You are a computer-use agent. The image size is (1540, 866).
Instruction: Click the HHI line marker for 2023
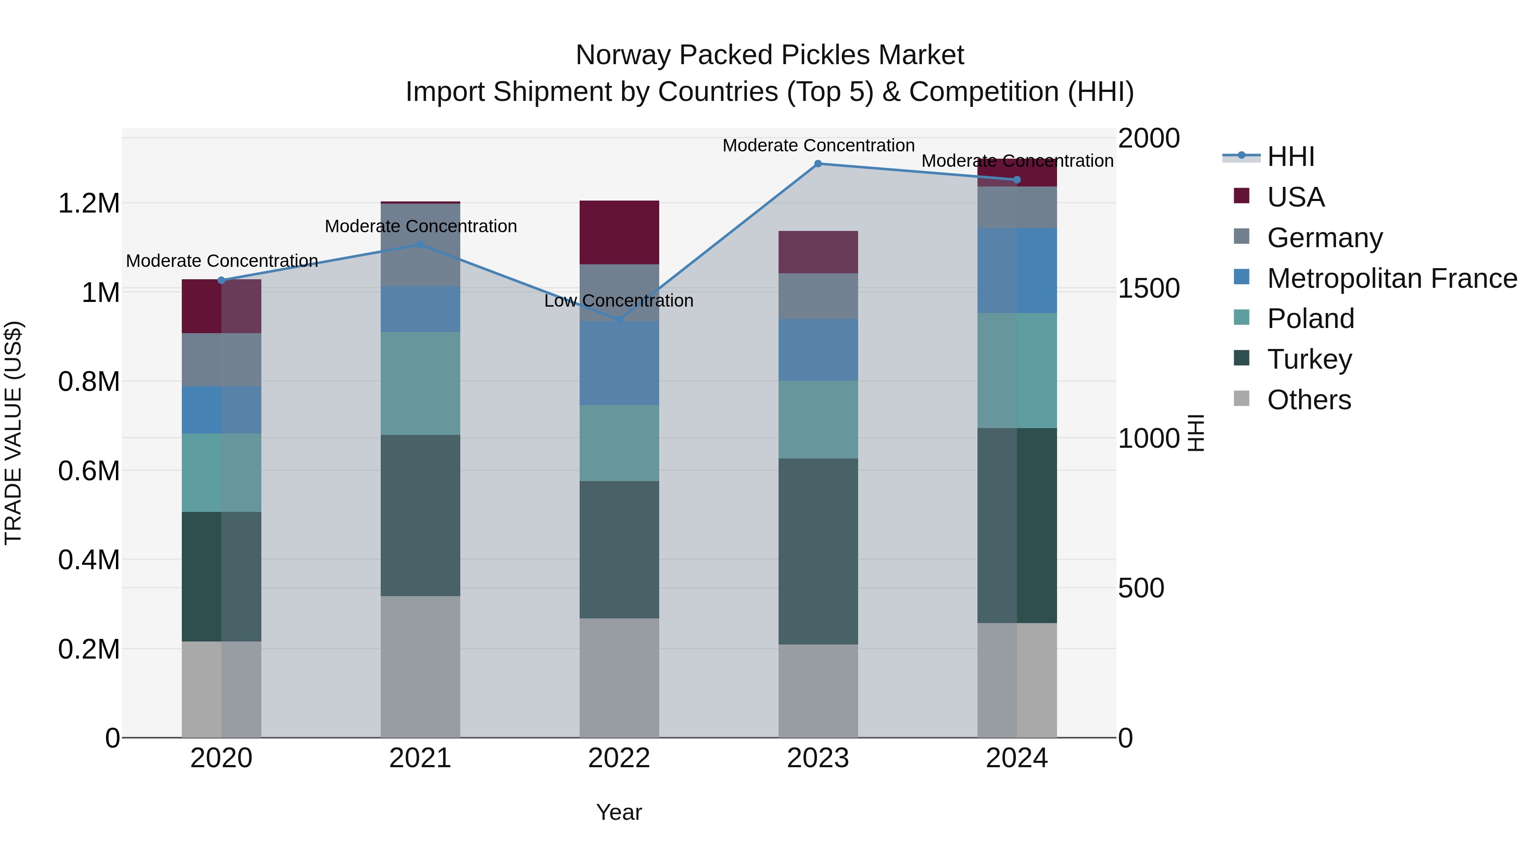pyautogui.click(x=818, y=164)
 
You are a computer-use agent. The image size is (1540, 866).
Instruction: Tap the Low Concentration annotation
pyautogui.click(x=619, y=301)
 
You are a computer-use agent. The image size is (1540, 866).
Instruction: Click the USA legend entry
pyautogui.click(x=1295, y=197)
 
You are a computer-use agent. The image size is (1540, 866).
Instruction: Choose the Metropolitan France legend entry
pyautogui.click(x=1392, y=278)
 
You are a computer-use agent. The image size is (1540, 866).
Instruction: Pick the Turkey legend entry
pyautogui.click(x=1309, y=359)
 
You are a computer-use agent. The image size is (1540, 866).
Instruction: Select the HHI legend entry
pyautogui.click(x=1290, y=157)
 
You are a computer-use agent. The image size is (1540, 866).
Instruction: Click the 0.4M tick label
pyautogui.click(x=89, y=560)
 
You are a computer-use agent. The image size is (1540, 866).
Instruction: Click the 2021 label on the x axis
pyautogui.click(x=420, y=758)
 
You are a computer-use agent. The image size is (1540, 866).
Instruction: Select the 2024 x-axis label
pyautogui.click(x=1016, y=758)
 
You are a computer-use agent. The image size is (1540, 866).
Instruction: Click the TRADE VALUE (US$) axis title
pyautogui.click(x=13, y=433)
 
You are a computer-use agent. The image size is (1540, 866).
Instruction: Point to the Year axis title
pyautogui.click(x=619, y=812)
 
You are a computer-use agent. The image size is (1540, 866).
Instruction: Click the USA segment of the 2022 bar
pyautogui.click(x=619, y=233)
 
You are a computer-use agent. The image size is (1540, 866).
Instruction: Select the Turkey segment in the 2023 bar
pyautogui.click(x=818, y=551)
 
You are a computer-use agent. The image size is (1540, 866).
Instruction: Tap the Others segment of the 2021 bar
pyautogui.click(x=420, y=666)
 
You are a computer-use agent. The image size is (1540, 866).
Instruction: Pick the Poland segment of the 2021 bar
pyautogui.click(x=420, y=383)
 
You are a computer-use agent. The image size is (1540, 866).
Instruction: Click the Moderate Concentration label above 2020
pyautogui.click(x=222, y=261)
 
